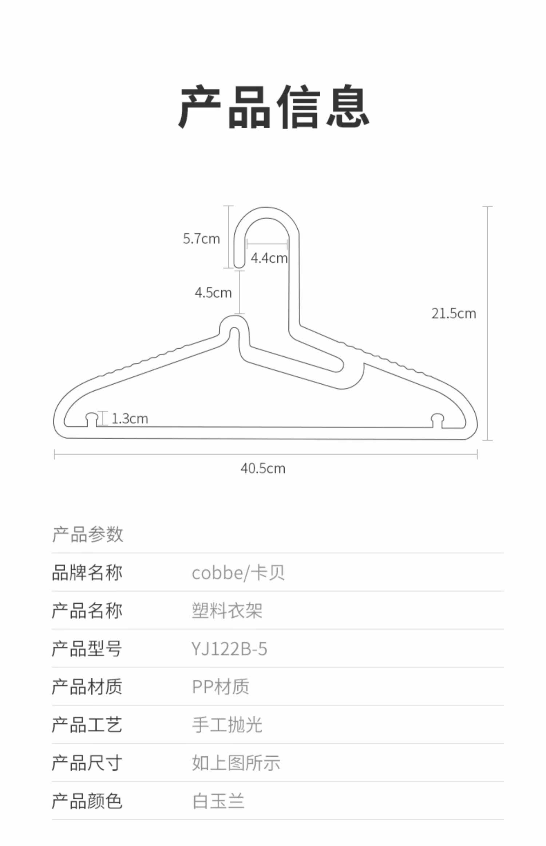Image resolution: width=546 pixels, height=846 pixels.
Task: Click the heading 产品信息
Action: [274, 106]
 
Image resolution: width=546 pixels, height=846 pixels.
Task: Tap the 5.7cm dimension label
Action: [201, 239]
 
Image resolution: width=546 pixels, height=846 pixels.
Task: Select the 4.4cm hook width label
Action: [269, 258]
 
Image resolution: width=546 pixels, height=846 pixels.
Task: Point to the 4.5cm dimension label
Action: [213, 293]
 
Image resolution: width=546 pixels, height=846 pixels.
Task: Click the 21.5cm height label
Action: [454, 314]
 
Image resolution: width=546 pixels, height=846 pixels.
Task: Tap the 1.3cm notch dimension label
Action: [130, 419]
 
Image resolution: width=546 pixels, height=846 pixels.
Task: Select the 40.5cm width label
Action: [263, 469]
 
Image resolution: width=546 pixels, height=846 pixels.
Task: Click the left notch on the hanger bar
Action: [92, 419]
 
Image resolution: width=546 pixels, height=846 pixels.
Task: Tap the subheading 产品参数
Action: [88, 534]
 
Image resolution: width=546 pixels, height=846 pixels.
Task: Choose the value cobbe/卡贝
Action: [238, 573]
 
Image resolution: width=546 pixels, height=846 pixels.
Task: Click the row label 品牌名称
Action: [87, 573]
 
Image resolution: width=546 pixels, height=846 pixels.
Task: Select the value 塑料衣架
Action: [227, 611]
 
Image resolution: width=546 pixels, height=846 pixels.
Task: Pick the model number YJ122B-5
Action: [229, 649]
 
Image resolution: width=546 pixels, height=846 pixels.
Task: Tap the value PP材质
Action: [221, 687]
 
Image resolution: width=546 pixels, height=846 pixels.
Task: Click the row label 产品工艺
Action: [87, 725]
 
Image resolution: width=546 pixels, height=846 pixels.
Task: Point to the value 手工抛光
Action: [227, 725]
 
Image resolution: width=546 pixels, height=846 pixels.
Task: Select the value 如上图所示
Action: [236, 763]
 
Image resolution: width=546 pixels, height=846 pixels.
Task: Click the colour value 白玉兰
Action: [218, 801]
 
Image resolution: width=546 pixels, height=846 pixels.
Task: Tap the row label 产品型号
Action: [87, 649]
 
